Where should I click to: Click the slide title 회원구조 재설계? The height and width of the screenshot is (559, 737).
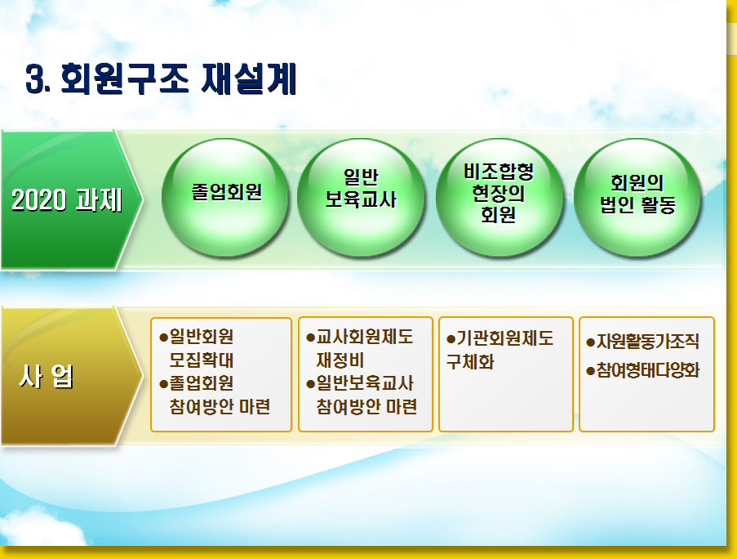click(179, 78)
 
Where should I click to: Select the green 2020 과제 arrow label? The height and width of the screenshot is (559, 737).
click(70, 199)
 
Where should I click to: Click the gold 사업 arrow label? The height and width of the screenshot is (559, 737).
click(70, 376)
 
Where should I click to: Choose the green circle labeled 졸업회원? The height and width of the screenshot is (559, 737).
click(224, 198)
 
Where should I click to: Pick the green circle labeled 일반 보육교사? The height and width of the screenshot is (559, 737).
click(361, 198)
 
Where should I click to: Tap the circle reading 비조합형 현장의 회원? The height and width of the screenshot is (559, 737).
click(499, 198)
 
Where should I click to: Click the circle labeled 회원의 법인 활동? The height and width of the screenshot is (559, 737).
click(637, 198)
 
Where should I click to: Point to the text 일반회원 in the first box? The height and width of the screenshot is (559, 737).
click(201, 337)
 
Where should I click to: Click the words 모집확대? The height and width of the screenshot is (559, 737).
click(201, 360)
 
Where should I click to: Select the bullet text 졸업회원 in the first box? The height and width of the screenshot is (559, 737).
click(201, 383)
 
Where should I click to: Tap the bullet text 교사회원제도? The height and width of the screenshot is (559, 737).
click(364, 337)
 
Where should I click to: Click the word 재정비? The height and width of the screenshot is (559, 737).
click(340, 360)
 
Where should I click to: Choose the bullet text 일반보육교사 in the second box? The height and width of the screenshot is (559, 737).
click(364, 383)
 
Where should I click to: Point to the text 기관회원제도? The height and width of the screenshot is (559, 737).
click(505, 338)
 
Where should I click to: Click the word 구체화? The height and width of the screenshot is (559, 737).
click(470, 362)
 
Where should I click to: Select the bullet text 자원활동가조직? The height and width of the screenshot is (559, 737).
click(648, 342)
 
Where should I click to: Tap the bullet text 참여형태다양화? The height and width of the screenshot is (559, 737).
click(648, 370)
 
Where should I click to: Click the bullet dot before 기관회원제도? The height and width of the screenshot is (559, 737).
click(451, 339)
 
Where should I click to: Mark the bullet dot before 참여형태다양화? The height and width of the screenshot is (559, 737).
click(591, 371)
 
